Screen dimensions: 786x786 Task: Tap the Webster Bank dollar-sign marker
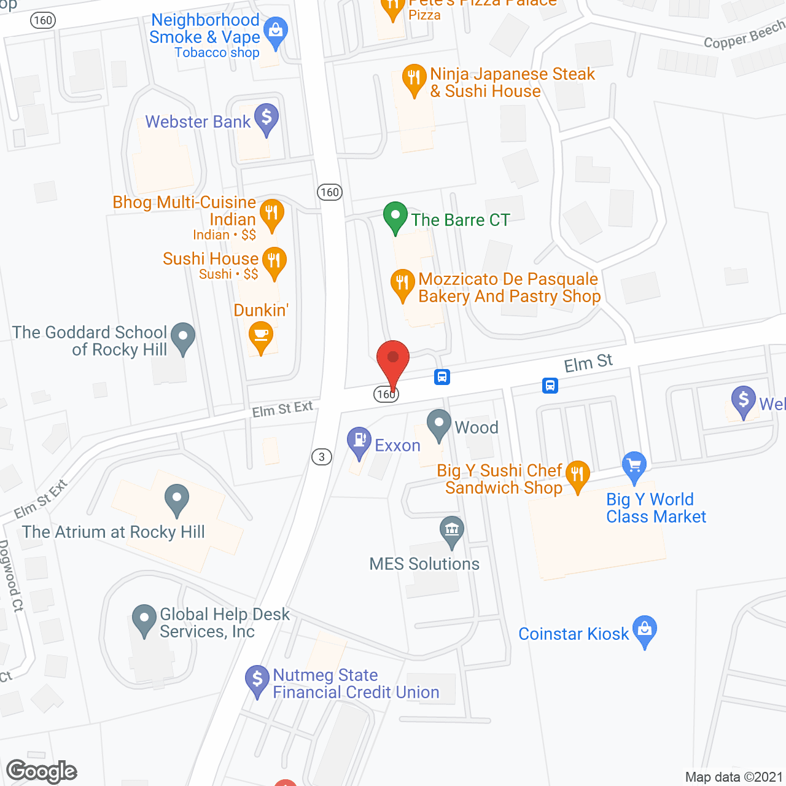tap(267, 119)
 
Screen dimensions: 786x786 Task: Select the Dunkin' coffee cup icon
tap(261, 337)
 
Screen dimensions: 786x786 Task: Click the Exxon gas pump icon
tap(359, 442)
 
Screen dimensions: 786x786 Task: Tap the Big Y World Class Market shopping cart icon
tap(634, 466)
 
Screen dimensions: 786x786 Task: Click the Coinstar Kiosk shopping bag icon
tap(645, 631)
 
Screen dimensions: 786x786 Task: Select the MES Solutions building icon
tap(452, 531)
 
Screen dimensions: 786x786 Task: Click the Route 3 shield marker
tap(322, 457)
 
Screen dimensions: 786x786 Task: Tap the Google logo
tap(42, 771)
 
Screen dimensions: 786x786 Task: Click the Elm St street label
tap(588, 364)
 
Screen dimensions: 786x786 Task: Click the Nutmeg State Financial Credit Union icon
tap(257, 680)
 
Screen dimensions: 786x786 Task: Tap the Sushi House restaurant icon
tap(274, 262)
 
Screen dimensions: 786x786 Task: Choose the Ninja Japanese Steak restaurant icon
tap(414, 79)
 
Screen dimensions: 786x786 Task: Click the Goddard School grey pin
tap(182, 337)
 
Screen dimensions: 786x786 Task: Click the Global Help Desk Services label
tap(224, 623)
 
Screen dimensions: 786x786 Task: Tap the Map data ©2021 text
tap(734, 777)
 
